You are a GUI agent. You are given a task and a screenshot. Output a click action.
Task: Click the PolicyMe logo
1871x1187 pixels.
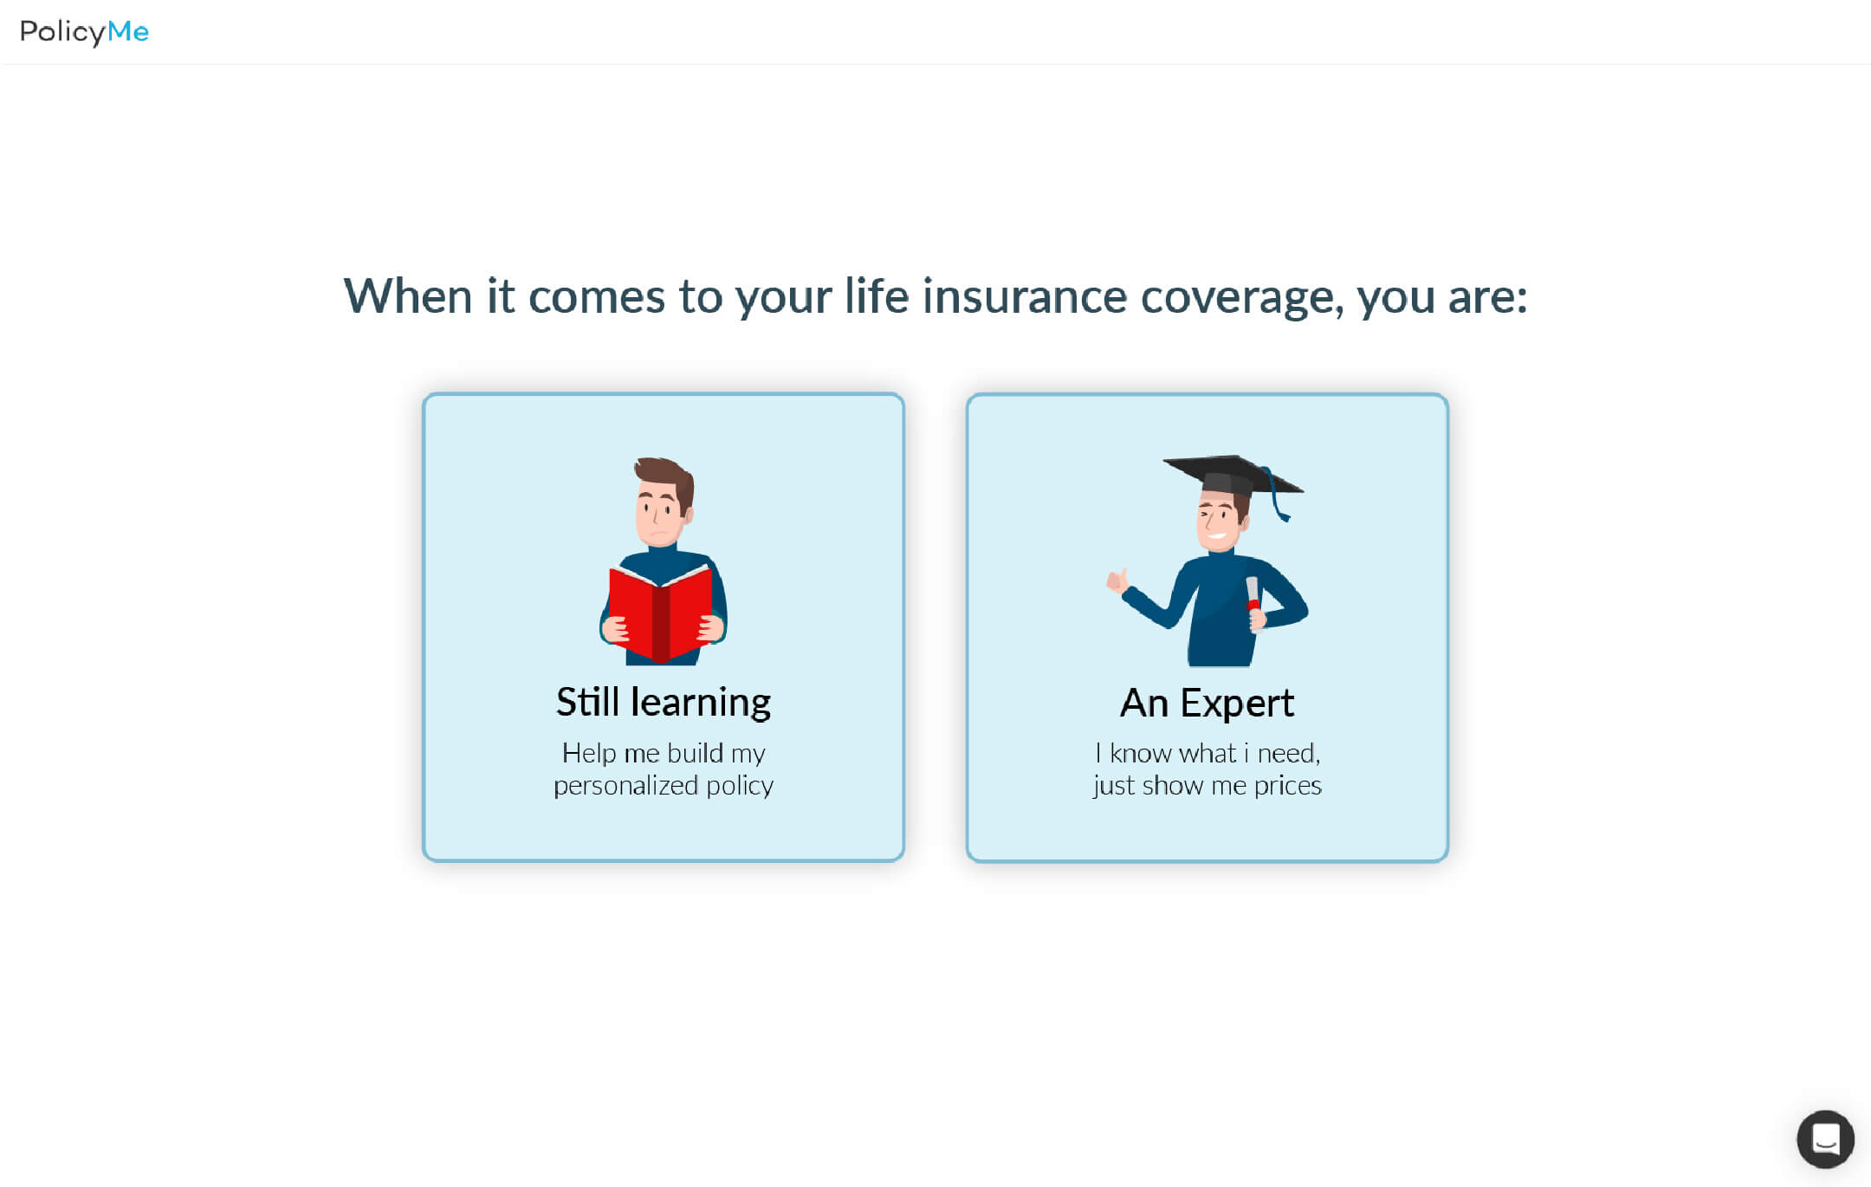click(84, 32)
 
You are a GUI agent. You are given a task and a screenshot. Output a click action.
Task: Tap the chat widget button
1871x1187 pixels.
click(1825, 1138)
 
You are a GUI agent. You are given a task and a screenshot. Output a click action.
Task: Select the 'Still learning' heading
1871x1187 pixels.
click(664, 703)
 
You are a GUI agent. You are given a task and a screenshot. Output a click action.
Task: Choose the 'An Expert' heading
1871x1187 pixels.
click(1207, 703)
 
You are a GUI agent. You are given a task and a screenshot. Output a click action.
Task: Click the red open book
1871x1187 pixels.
click(662, 612)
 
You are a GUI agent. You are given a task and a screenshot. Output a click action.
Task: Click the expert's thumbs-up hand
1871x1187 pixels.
click(1117, 580)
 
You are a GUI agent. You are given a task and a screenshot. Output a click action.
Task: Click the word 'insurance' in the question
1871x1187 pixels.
click(1025, 296)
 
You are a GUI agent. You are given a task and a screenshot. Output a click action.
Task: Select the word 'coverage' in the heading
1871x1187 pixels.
click(1242, 298)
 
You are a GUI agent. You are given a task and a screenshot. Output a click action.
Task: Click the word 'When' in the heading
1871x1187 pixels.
click(408, 296)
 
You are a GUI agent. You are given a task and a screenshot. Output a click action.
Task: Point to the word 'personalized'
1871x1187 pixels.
click(625, 786)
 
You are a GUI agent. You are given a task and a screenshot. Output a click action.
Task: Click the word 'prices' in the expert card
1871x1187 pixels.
click(1288, 786)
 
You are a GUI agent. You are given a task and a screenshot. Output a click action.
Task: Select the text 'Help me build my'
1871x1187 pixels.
click(664, 753)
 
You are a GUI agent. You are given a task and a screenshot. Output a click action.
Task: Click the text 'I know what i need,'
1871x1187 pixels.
click(1207, 753)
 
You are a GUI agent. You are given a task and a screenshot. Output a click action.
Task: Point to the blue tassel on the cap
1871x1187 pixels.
click(1277, 495)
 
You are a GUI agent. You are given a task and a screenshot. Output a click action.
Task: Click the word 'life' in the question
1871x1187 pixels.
click(877, 295)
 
